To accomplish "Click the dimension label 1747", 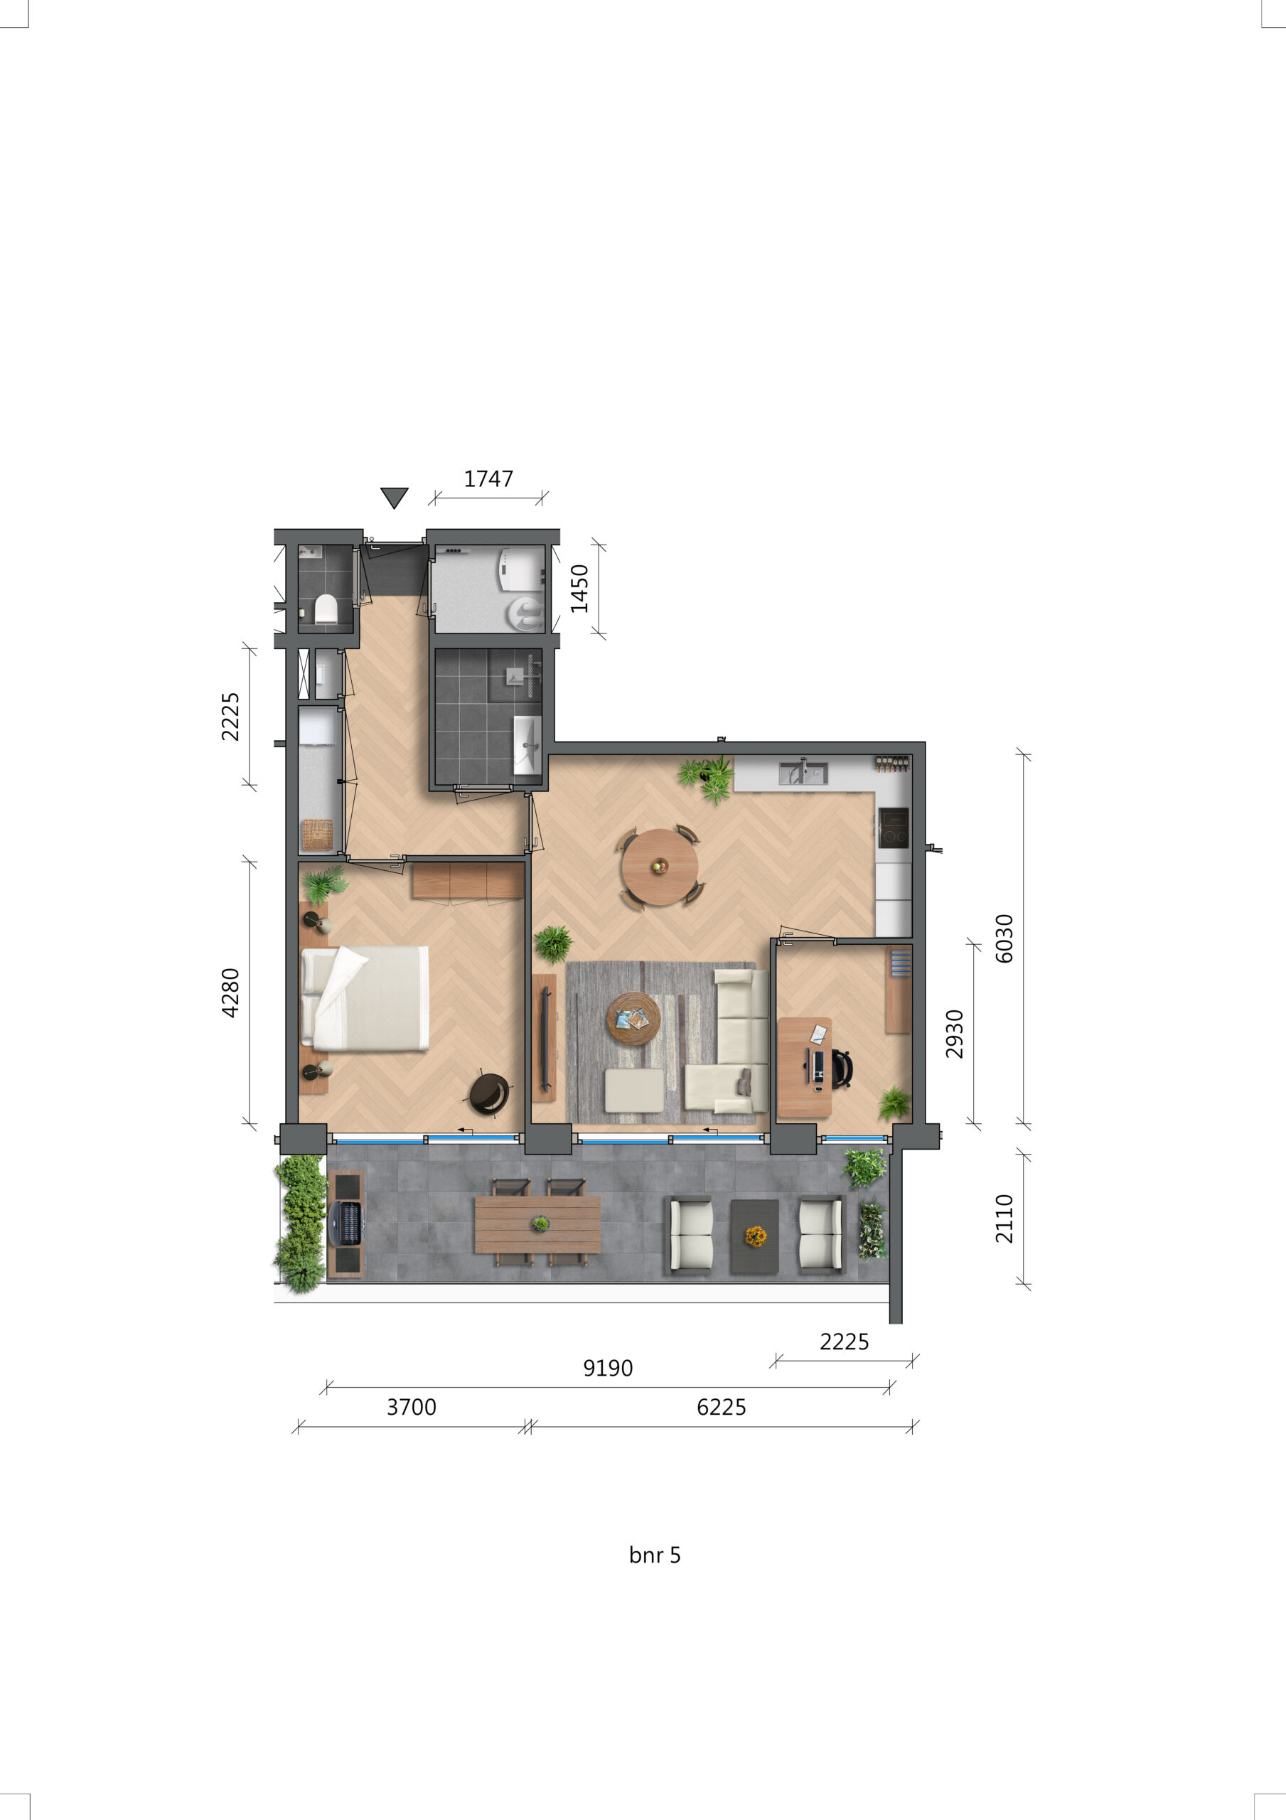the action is pos(488,478).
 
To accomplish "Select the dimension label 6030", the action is pos(1004,938).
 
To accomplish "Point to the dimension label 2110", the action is pos(1004,1219).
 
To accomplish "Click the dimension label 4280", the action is pos(230,992).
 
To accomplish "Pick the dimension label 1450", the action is pos(579,589).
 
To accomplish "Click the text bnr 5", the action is pos(654,1556).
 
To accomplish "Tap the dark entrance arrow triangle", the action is pos(394,496).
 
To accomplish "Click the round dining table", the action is pos(659,867).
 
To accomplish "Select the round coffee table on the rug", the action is pos(633,1019).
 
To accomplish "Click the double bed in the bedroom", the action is pos(365,998).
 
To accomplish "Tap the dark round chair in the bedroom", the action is pos(488,1094).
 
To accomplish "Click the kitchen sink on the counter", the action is pos(803,772).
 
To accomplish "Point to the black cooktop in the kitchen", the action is pos(894,828).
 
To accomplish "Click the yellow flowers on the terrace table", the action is pos(756,1235).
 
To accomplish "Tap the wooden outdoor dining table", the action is pos(537,1225).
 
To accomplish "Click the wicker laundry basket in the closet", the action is pos(317,835).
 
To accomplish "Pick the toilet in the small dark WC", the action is pos(326,609).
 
